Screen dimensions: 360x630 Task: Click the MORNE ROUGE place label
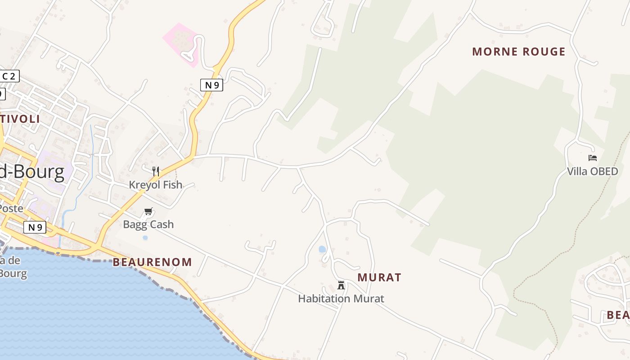pos(518,52)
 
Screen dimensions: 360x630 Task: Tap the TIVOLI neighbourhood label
pos(21,119)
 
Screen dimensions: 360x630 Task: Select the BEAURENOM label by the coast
pos(152,262)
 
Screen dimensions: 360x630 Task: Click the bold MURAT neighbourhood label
pos(379,278)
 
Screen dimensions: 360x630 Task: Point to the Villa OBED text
pos(592,171)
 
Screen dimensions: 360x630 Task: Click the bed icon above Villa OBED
pos(592,158)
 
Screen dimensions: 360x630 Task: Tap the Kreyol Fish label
pos(156,184)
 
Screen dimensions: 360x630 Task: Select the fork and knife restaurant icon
pos(156,171)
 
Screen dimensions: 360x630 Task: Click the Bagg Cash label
pos(148,224)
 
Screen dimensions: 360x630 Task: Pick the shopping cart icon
pos(148,211)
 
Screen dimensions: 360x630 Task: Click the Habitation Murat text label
pos(341,298)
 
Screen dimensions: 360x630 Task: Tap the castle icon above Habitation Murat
pos(341,285)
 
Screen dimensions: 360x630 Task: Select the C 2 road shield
pos(9,76)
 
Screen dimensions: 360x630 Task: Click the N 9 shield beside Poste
pos(35,227)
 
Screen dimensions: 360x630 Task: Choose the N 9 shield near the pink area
pos(211,85)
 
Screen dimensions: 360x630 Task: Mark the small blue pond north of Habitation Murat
pos(322,249)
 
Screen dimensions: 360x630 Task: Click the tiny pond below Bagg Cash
pos(145,238)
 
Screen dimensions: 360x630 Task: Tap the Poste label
pos(11,208)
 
